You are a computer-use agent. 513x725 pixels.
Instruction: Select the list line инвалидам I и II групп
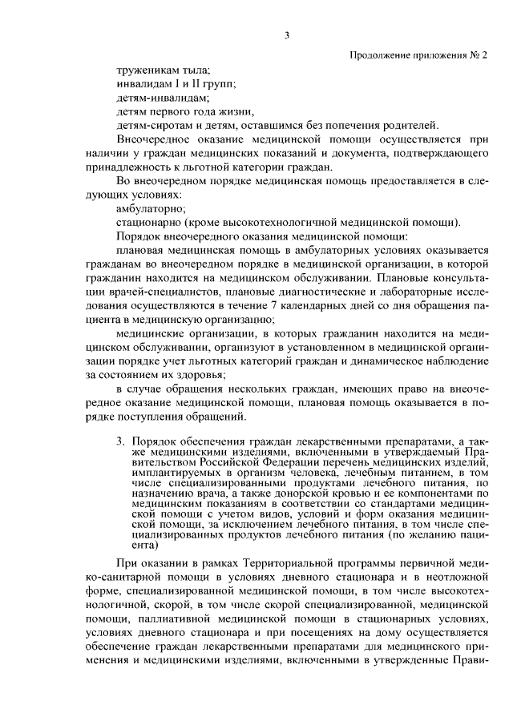tap(176, 83)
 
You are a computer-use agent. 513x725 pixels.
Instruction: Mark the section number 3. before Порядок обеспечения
tap(121, 441)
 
